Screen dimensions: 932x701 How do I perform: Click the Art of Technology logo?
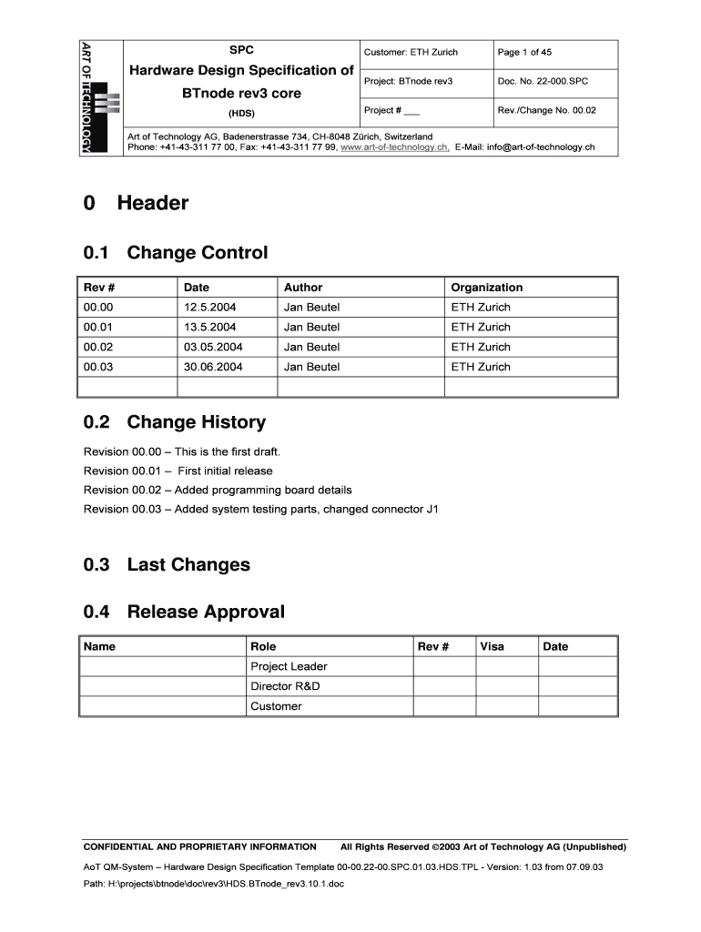[x=99, y=98]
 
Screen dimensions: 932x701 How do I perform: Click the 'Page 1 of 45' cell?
[x=524, y=53]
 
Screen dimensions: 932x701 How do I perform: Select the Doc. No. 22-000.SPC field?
[x=543, y=82]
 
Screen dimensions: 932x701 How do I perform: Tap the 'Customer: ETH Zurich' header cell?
[x=411, y=53]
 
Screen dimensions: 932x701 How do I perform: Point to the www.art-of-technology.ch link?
[x=394, y=147]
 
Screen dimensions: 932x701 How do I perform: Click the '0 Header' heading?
[x=136, y=203]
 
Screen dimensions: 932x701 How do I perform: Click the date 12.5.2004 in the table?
[x=209, y=308]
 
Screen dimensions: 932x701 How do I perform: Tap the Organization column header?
[x=487, y=288]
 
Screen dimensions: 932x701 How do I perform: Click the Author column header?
[x=303, y=288]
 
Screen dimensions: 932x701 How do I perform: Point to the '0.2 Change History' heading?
[x=175, y=422]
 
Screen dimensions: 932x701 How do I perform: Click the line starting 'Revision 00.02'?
[x=218, y=490]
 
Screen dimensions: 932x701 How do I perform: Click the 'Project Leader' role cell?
[x=289, y=666]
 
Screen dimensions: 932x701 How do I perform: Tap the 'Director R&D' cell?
[x=285, y=686]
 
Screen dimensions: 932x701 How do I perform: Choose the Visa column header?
[x=493, y=646]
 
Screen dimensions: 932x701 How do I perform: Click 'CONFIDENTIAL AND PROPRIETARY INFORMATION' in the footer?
[x=199, y=846]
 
